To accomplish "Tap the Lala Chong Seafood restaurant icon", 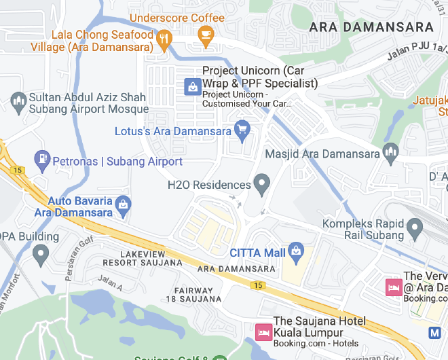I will (x=163, y=41).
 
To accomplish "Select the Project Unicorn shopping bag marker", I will (x=193, y=86).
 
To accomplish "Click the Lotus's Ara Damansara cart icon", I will (x=242, y=128).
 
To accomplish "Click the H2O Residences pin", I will (x=261, y=183).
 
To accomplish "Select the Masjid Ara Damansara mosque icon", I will (x=390, y=152).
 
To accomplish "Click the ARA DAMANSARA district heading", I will (x=371, y=27).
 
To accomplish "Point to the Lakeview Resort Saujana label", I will (x=143, y=257).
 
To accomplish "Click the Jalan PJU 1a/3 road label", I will (x=417, y=51).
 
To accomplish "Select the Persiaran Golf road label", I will (x=76, y=249).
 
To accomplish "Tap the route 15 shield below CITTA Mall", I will (x=257, y=285).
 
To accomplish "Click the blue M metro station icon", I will (x=436, y=333).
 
